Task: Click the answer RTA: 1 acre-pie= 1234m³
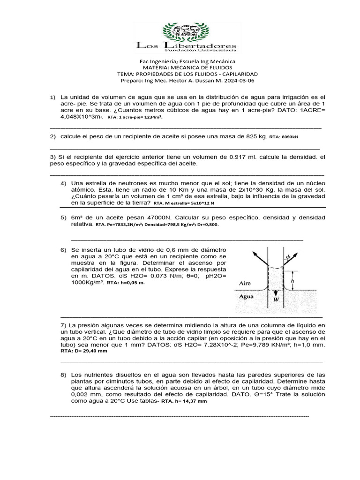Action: pyautogui.click(x=135, y=118)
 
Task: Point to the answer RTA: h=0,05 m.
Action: pyautogui.click(x=126, y=283)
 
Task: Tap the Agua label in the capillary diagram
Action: pyautogui.click(x=247, y=296)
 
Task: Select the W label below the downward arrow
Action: pyautogui.click(x=277, y=299)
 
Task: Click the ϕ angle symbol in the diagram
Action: pyautogui.click(x=289, y=256)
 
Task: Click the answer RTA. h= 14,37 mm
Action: pyautogui.click(x=183, y=402)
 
